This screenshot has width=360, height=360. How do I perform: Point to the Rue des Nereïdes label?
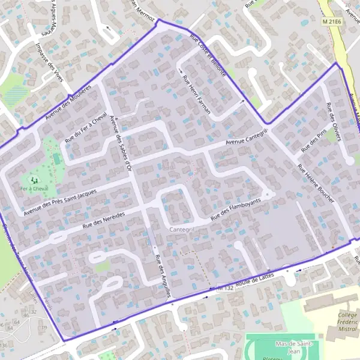click(x=104, y=220)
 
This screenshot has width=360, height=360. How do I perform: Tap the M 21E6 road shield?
click(x=331, y=22)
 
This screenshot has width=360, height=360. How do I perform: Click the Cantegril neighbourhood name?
click(x=181, y=230)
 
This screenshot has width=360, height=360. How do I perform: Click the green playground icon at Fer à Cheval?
click(x=32, y=178)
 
